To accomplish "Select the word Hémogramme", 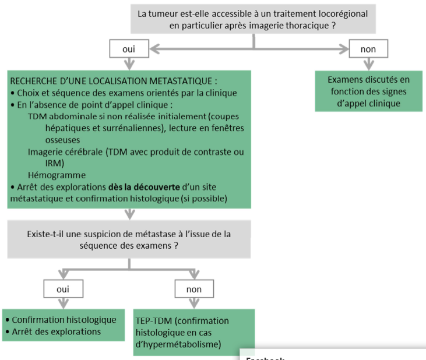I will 57,174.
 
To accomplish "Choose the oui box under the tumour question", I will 128,49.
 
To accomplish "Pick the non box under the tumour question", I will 368,49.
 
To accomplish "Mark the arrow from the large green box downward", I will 129,214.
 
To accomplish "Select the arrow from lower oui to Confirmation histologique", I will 62,303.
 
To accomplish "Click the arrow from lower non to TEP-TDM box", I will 194,303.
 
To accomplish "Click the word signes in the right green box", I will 382,91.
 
